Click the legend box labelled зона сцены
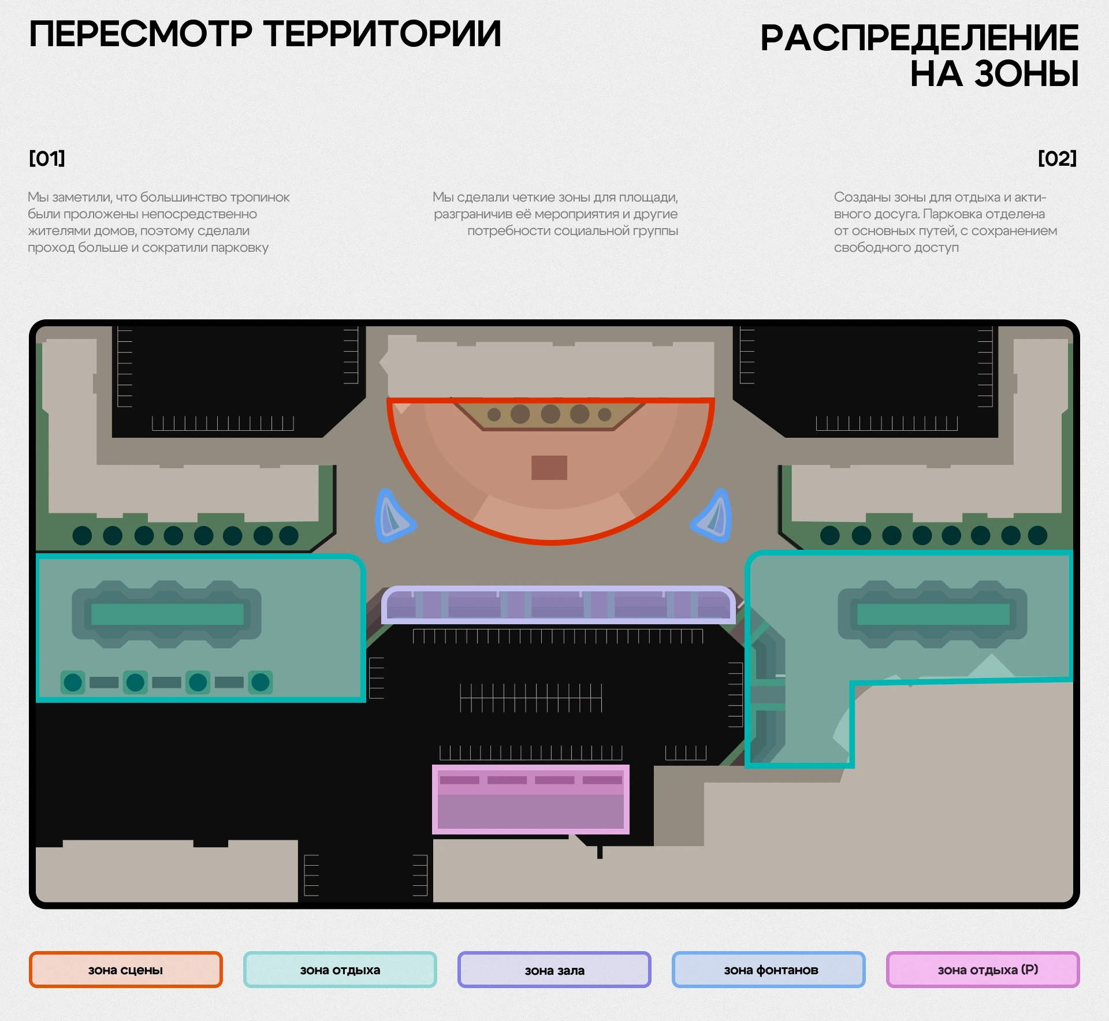pyautogui.click(x=125, y=970)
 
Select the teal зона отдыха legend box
pyautogui.click(x=340, y=970)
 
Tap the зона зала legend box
pyautogui.click(x=554, y=970)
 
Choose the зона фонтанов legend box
pyautogui.click(x=768, y=970)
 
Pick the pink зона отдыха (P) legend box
pyautogui.click(x=983, y=970)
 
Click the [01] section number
pyautogui.click(x=47, y=158)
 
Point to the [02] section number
pyautogui.click(x=1057, y=158)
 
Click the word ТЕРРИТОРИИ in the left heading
pyautogui.click(x=382, y=33)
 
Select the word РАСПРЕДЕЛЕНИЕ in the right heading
pyautogui.click(x=919, y=38)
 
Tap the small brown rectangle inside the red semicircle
pyautogui.click(x=549, y=468)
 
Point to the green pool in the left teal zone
pyautogui.click(x=167, y=614)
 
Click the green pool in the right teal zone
pyautogui.click(x=933, y=614)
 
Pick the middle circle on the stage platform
pyautogui.click(x=550, y=413)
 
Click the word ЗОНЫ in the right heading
pyautogui.click(x=1026, y=74)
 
